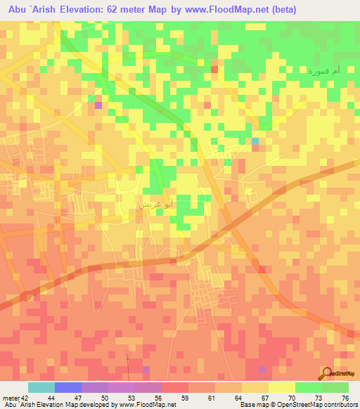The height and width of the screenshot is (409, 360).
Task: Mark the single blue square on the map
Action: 255,142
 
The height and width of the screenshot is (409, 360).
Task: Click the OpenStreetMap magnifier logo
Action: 327,373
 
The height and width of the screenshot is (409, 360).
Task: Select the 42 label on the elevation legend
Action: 25,397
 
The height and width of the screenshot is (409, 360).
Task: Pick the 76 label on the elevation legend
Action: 345,397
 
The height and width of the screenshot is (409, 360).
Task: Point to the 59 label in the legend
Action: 184,397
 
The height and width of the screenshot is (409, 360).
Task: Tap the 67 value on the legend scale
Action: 264,397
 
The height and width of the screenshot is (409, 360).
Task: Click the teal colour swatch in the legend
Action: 41,387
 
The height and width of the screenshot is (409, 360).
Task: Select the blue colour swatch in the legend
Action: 67,387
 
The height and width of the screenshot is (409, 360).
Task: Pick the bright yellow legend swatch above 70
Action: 281,387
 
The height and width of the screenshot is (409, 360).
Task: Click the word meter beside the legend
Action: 11,397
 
